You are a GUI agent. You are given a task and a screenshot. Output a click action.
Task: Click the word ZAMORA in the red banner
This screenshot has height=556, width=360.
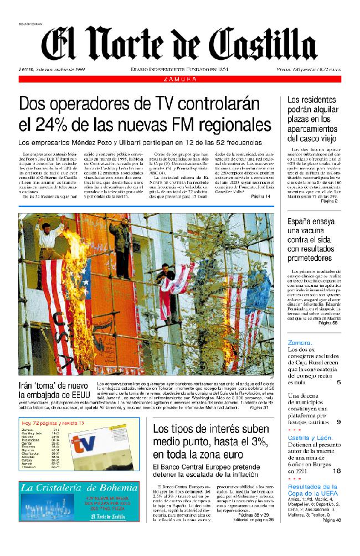180,80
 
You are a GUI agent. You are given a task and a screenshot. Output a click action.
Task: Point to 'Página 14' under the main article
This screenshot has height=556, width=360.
261,197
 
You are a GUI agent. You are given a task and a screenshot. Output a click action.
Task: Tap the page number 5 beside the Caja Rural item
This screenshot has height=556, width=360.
338,382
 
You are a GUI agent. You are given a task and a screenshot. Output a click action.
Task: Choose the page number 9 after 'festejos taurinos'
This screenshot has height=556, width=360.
338,423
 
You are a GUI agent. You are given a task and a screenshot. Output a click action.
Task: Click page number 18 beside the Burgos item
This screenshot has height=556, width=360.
337,471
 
